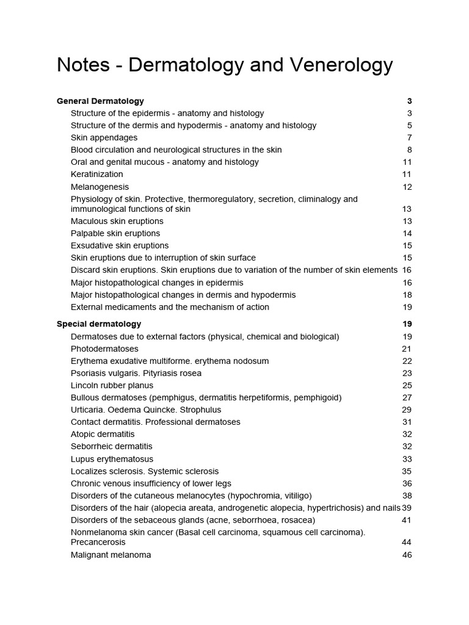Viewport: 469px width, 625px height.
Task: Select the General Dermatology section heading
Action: pos(100,101)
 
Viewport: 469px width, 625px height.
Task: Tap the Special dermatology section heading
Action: pos(99,324)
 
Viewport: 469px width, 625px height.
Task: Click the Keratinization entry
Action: pos(96,175)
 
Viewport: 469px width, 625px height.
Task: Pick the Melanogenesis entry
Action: pos(100,187)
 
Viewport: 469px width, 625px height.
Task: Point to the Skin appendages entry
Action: pos(104,138)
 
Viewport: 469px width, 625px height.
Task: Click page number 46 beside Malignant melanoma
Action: pos(407,555)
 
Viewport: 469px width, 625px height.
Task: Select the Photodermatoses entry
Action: pos(104,349)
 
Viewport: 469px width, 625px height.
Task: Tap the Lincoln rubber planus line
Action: pos(112,386)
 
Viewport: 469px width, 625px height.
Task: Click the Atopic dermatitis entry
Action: pos(103,435)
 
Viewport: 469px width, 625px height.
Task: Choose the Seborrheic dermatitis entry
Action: pos(112,447)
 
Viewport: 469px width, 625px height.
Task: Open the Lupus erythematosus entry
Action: pos(112,459)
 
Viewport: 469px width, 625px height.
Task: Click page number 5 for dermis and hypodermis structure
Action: pos(409,126)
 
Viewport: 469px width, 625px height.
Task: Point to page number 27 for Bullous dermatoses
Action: pos(407,398)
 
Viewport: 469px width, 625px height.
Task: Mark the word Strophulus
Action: pos(200,410)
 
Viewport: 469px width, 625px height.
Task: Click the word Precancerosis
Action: pos(98,542)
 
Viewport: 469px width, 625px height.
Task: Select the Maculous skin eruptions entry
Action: pos(117,221)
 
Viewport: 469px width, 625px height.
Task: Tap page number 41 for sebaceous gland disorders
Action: pos(407,520)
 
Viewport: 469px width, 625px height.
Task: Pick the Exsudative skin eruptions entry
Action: pos(120,245)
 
